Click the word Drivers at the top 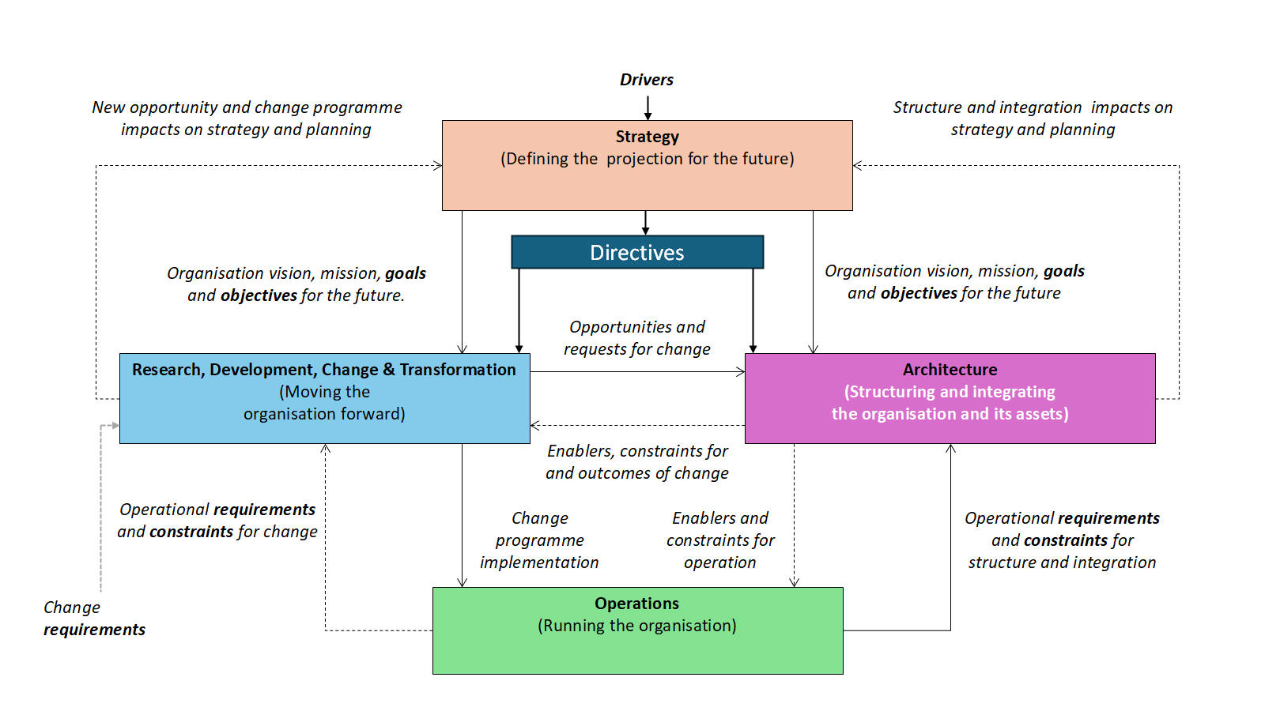646,80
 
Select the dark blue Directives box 637,252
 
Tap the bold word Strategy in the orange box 647,137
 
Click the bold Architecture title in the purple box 950,370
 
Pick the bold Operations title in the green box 636,604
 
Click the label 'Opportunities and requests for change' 637,338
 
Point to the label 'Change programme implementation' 539,540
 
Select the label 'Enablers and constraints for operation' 720,540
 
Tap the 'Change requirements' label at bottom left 94,619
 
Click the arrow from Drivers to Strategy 648,107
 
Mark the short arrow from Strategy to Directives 646,223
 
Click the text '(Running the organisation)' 636,626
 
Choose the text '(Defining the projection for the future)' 647,159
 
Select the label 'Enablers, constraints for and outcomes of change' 637,462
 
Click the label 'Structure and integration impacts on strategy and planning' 1033,118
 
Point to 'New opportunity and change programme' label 247,108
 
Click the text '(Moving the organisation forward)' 324,403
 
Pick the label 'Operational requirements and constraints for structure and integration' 1062,540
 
